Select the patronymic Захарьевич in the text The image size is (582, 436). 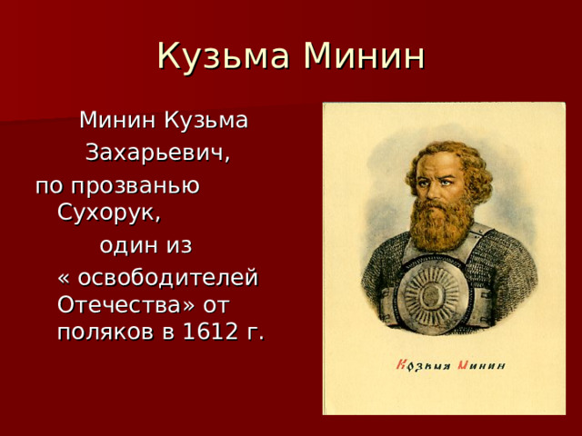click(x=157, y=152)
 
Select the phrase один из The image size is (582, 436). click(x=145, y=246)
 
